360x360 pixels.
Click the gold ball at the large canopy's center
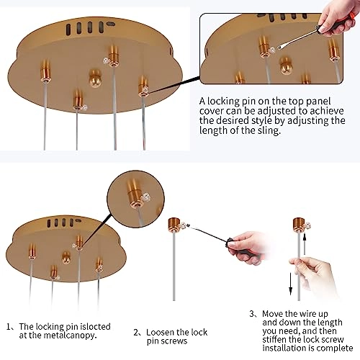95,78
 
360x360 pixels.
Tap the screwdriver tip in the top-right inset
279,48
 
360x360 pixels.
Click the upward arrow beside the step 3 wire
305,244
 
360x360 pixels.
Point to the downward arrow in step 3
290,284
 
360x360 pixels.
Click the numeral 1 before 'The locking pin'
9,327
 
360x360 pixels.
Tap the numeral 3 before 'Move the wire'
251,314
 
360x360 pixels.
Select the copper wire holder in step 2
174,225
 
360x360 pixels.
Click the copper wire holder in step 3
299,224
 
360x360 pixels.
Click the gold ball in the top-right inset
286,66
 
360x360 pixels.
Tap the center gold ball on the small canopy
66,257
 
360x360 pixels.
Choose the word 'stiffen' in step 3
274,340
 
